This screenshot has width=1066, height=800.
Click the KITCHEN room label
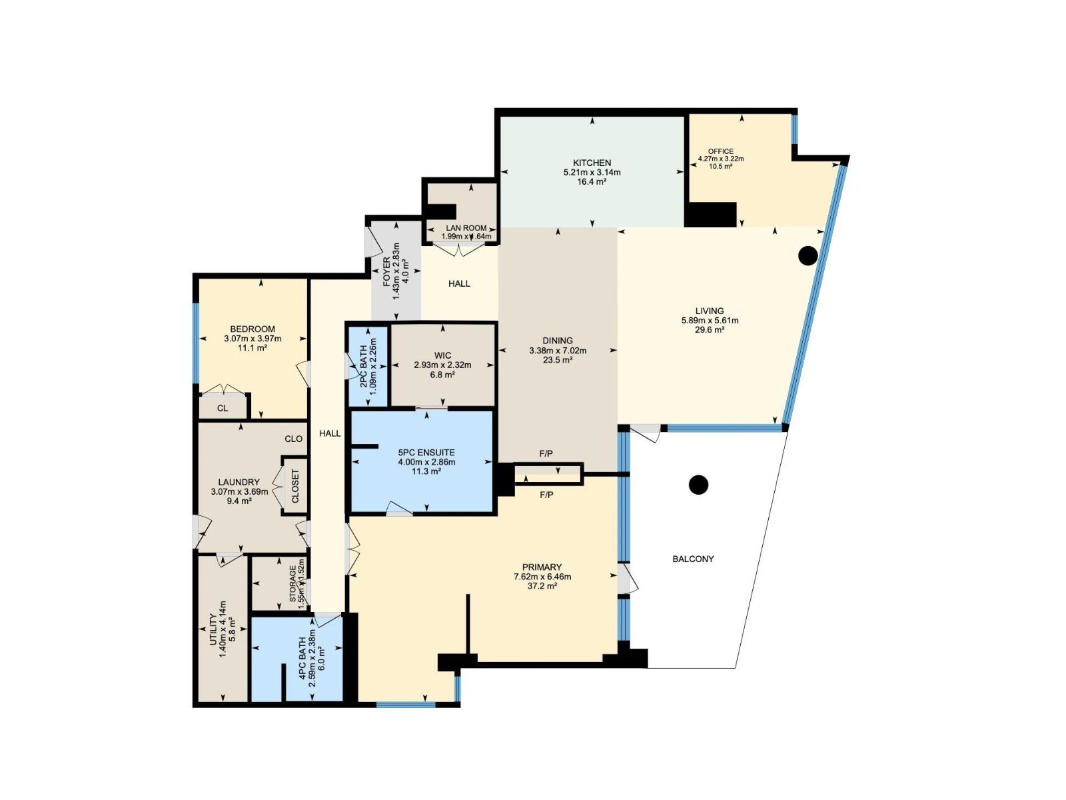[x=592, y=163]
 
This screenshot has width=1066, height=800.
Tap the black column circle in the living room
[x=807, y=255]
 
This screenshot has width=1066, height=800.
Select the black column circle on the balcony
[x=698, y=485]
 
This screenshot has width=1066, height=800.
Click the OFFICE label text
[x=720, y=151]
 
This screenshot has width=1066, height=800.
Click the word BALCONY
[x=693, y=559]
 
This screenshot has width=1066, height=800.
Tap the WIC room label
[x=442, y=355]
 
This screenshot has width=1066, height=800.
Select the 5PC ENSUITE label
[x=426, y=452]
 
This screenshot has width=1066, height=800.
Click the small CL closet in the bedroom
[x=223, y=407]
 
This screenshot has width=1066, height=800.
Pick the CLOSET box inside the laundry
[x=295, y=486]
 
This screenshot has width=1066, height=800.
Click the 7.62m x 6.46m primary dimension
[x=542, y=577]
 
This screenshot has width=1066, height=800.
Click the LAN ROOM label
[x=466, y=228]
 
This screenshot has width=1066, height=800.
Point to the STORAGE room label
[x=292, y=584]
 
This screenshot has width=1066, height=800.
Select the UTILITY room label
[x=214, y=629]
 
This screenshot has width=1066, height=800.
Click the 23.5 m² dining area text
[x=557, y=360]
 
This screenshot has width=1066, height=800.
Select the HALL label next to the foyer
[x=459, y=283]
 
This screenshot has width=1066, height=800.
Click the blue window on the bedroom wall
[x=196, y=343]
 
